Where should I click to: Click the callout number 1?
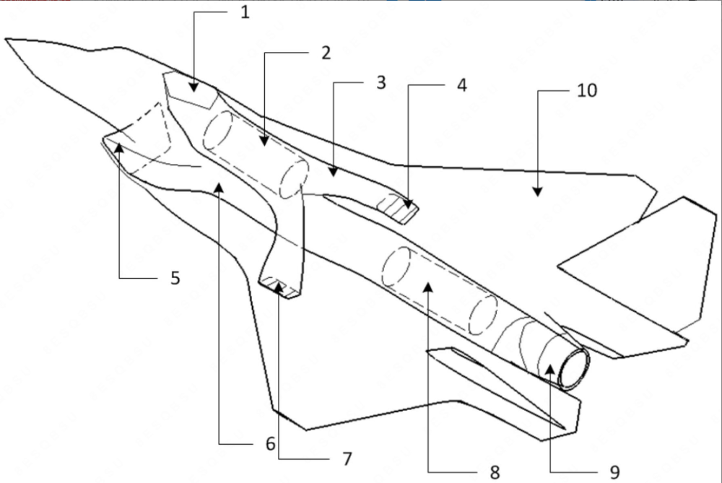click(x=245, y=12)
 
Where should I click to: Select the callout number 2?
click(x=326, y=53)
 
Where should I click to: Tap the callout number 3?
click(x=380, y=83)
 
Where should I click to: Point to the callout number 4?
click(x=461, y=85)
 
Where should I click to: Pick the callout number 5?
click(x=175, y=278)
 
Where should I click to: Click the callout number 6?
click(x=270, y=444)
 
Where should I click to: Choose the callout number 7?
click(x=347, y=458)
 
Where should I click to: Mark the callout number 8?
click(x=495, y=472)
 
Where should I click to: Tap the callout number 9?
click(x=614, y=472)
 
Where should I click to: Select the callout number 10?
click(x=587, y=91)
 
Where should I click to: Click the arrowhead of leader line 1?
click(x=193, y=87)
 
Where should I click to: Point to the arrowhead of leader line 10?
click(x=537, y=191)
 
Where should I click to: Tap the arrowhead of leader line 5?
click(x=119, y=147)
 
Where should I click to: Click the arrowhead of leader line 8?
click(x=428, y=287)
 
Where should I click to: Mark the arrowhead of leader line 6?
click(x=219, y=188)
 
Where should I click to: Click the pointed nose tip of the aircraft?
click(x=6, y=40)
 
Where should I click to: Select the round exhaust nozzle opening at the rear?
click(x=574, y=368)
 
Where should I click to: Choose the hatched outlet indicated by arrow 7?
click(x=279, y=288)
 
